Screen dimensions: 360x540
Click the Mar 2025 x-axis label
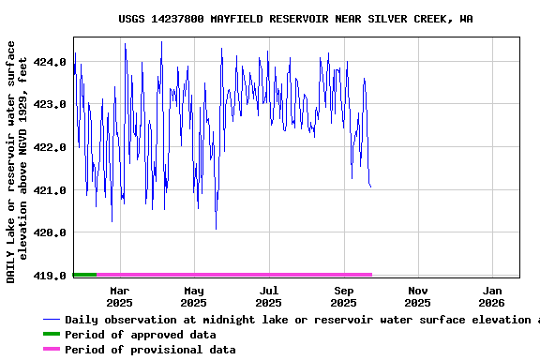[x=119, y=296]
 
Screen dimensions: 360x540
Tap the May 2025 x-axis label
[x=194, y=296]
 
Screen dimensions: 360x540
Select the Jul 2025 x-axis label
[x=269, y=296]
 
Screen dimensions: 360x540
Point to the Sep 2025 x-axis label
[x=344, y=296]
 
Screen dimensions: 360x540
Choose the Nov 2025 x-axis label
[x=418, y=296]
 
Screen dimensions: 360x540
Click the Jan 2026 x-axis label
[x=493, y=296]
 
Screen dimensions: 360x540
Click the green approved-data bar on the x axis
[x=84, y=275]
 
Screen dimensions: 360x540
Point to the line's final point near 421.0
[x=370, y=187]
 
